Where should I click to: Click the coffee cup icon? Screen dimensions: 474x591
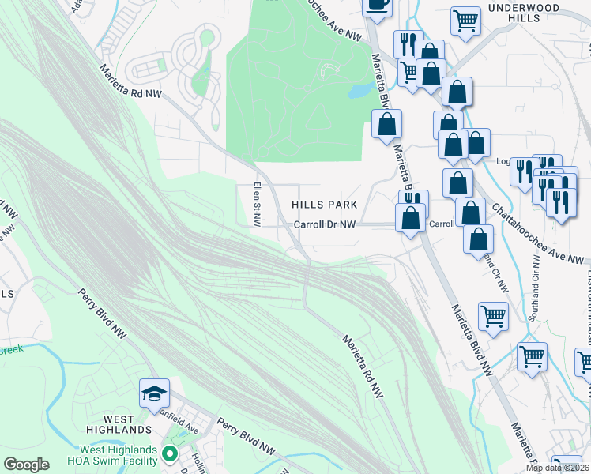point(378,4)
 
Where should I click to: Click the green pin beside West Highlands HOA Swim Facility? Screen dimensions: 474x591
point(168,454)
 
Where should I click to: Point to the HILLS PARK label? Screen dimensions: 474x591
point(324,204)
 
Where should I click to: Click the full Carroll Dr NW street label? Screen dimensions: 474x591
point(326,224)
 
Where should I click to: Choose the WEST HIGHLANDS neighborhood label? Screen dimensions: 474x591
point(115,430)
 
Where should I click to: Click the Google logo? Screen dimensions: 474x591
point(26,465)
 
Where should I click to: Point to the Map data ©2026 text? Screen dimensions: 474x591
point(556,468)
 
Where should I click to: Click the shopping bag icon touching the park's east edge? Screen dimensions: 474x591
point(386,123)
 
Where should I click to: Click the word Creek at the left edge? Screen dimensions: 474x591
point(12,349)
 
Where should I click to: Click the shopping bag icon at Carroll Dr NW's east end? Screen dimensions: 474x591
point(411,217)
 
